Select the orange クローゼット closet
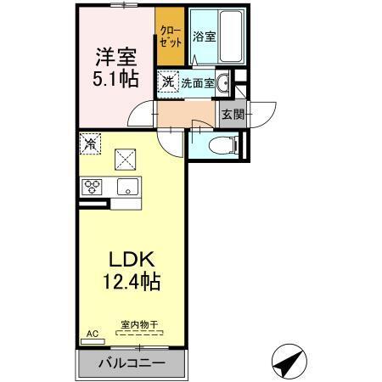pos(170,38)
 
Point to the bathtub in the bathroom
pos(228,37)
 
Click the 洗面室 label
pos(196,83)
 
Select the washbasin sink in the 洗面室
pos(222,83)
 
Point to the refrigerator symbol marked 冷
pos(90,144)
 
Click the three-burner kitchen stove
pos(93,187)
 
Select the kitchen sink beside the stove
pos(127,187)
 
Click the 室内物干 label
pos(140,323)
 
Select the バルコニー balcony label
pos(133,363)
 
